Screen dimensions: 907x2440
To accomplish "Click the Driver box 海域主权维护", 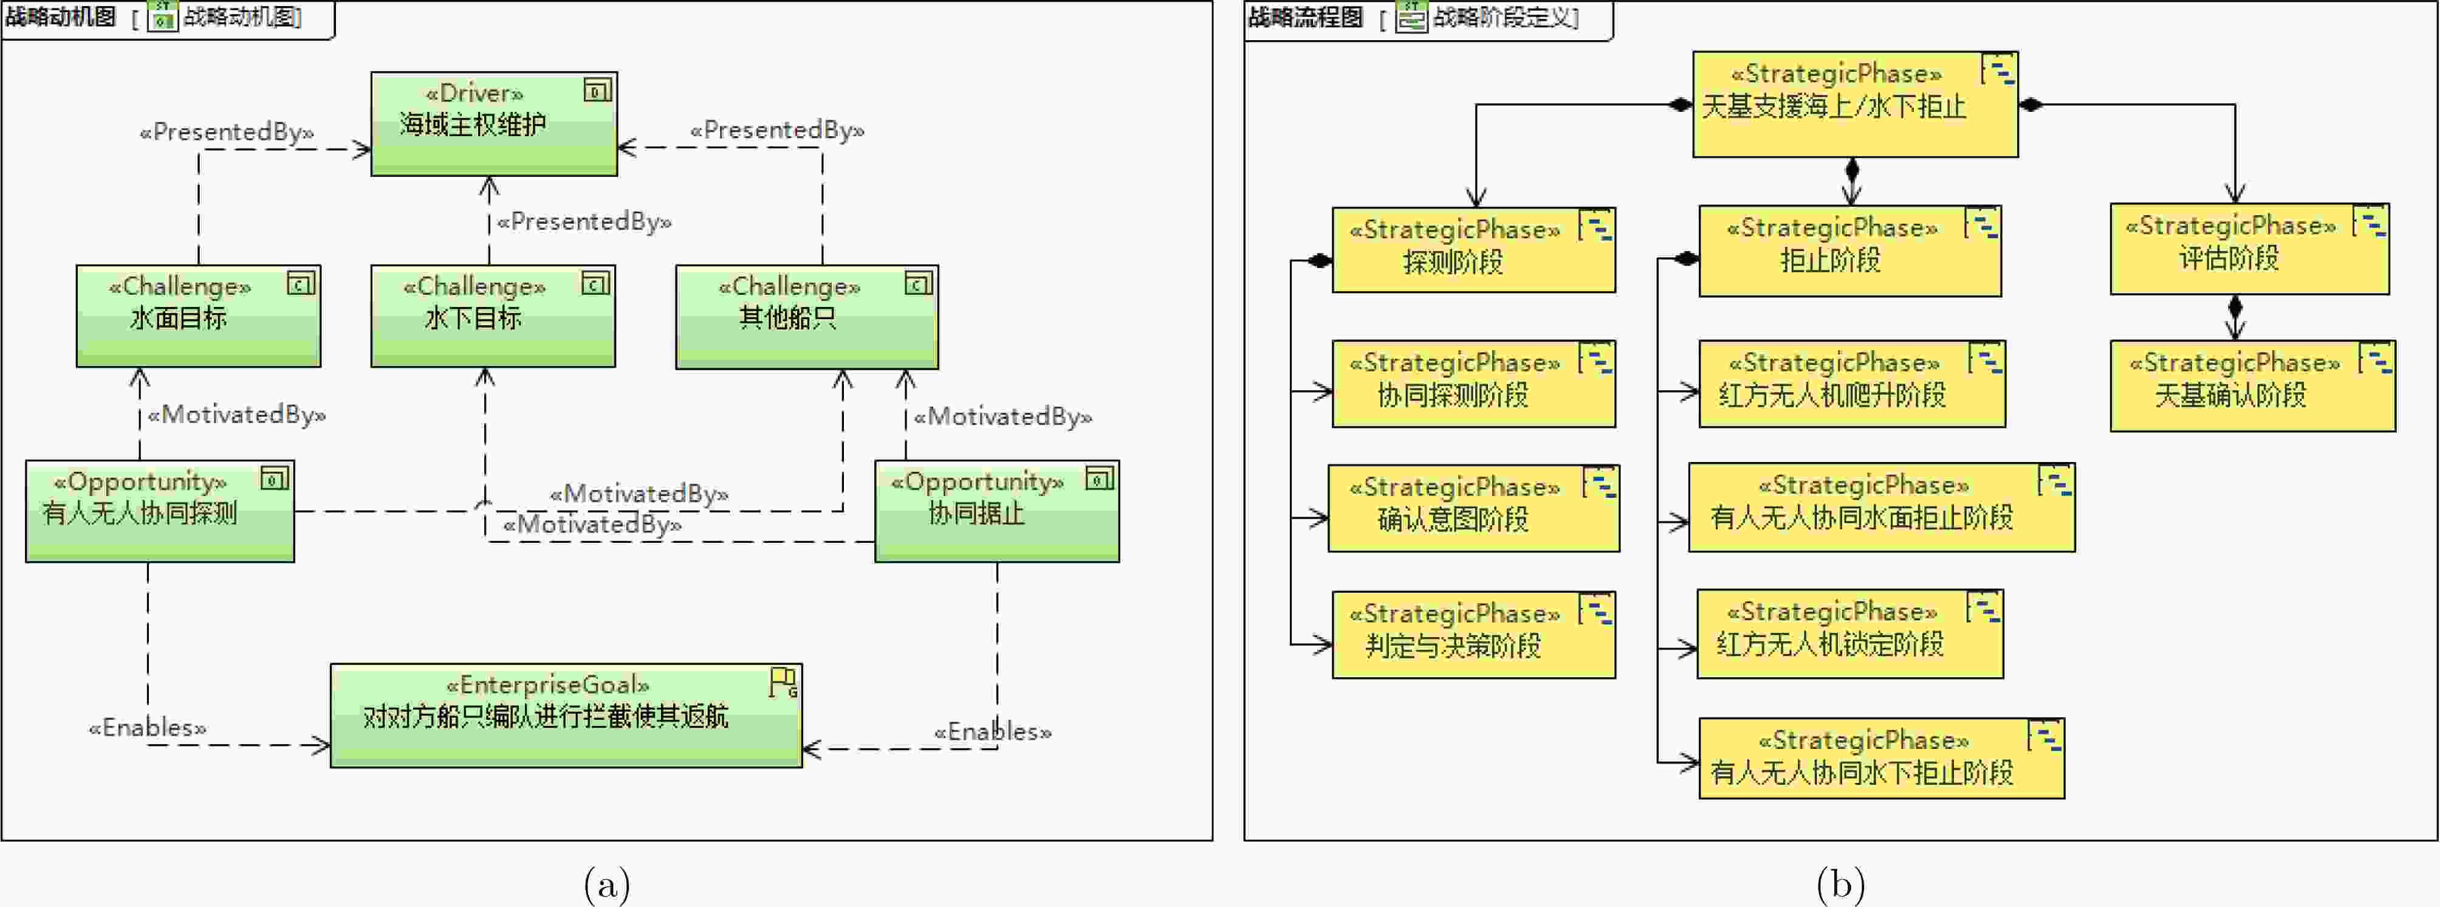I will coord(493,123).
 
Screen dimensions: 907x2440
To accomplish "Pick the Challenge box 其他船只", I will coord(806,317).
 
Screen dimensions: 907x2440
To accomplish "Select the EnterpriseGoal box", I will coord(566,715).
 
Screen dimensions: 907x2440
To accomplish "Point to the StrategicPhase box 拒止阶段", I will coord(1849,251).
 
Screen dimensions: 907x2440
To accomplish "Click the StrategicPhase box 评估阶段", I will coord(2249,248).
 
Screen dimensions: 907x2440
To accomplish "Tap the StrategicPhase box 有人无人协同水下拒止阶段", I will coord(1880,758).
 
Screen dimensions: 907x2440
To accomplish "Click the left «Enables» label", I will coord(148,728).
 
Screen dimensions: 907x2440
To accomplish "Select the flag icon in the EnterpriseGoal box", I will coord(783,681).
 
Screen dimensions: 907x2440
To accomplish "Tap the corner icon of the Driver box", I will coord(597,91).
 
